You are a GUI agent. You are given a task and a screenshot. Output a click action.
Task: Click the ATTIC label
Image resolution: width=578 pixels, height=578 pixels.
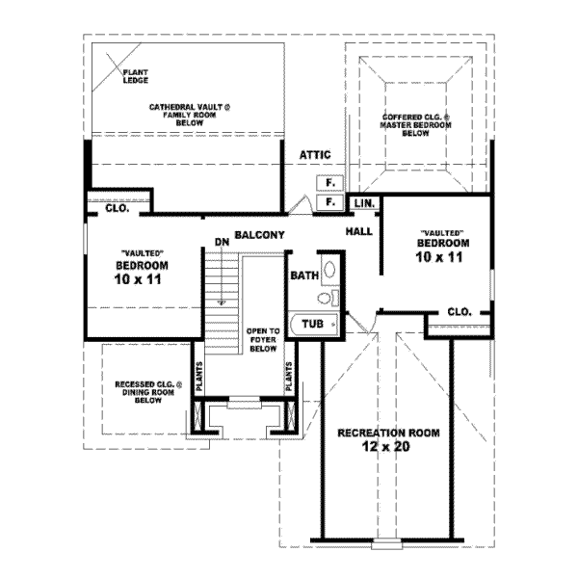coord(314,154)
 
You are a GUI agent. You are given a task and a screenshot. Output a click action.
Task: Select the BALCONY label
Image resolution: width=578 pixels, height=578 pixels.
coord(257,234)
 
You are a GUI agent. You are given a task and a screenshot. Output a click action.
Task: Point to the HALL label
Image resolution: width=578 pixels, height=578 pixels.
coord(359,232)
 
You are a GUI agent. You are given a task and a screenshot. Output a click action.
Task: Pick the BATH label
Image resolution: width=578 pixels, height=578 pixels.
coord(304,276)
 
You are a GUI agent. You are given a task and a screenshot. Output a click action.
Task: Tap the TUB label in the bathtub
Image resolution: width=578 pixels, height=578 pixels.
coord(312,325)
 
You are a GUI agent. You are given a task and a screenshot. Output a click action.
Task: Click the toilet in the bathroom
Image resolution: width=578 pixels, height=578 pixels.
coord(328,271)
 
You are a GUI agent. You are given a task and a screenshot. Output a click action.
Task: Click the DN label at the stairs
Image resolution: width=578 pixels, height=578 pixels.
coord(222,241)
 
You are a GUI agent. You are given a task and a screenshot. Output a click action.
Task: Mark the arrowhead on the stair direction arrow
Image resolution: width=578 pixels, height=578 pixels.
coord(222,301)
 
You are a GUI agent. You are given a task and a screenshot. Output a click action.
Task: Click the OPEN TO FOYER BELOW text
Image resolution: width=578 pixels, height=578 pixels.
coord(262,340)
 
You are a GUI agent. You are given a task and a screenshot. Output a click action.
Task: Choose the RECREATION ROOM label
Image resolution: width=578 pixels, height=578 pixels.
coord(388,433)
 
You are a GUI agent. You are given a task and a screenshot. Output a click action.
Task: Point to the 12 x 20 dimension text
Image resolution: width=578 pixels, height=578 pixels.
coord(388,448)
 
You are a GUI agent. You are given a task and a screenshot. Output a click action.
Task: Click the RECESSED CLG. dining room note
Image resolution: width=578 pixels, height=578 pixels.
coord(146,392)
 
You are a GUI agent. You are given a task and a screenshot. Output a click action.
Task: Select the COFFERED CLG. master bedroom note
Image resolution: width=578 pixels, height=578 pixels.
coord(415,125)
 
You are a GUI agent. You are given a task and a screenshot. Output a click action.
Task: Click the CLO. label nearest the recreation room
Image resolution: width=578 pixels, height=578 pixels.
coord(459,311)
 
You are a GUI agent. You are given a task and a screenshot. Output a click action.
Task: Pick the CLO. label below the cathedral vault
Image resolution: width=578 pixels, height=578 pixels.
coord(118,206)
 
